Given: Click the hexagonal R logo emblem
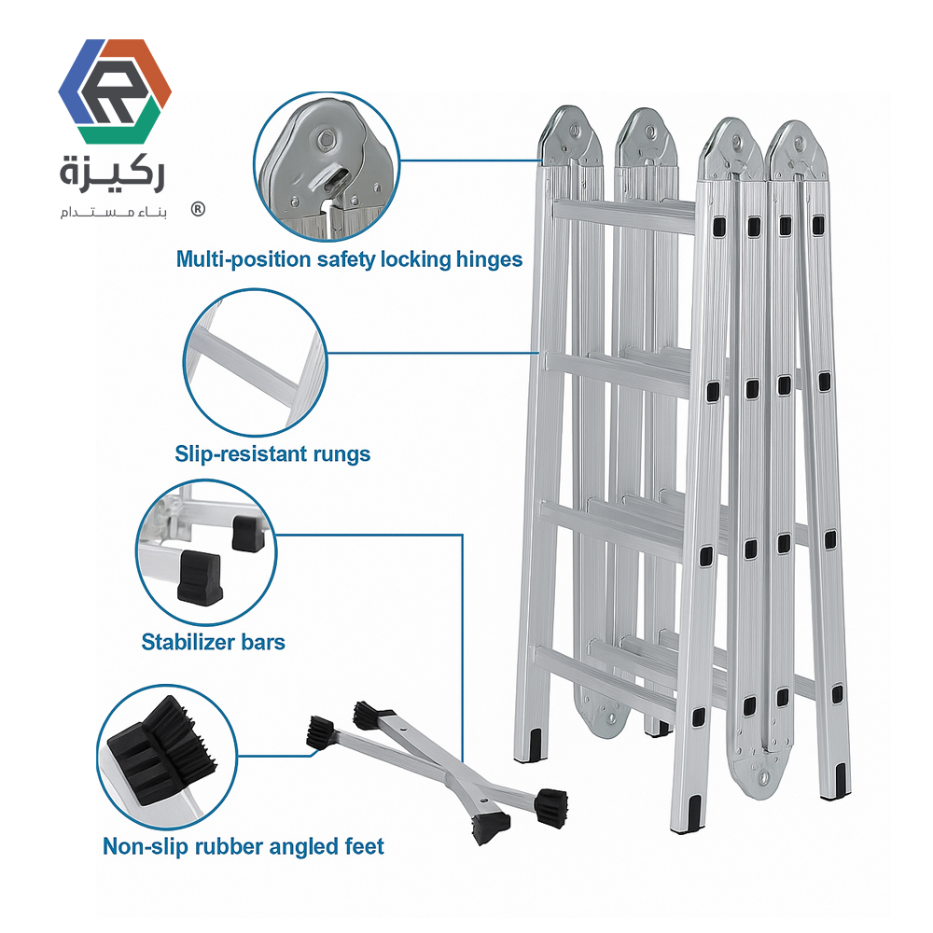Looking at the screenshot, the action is (115, 91).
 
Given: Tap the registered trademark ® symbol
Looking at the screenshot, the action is (198, 209).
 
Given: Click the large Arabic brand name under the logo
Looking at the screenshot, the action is (112, 174).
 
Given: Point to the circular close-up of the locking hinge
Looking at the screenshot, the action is (327, 167).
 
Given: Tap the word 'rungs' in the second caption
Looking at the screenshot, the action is (342, 455).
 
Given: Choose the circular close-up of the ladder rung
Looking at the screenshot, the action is (256, 363).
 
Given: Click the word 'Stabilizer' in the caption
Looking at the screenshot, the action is (188, 642).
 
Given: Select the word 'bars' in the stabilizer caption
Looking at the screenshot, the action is (263, 642).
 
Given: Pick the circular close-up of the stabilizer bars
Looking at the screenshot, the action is (206, 551).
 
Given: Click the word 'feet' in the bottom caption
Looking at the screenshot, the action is (364, 847).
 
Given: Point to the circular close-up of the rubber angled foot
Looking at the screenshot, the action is (167, 757).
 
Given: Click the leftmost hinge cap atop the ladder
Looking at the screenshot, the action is (570, 135).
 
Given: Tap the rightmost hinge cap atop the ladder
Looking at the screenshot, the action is (796, 150).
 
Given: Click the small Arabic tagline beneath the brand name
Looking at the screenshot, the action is (113, 212).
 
